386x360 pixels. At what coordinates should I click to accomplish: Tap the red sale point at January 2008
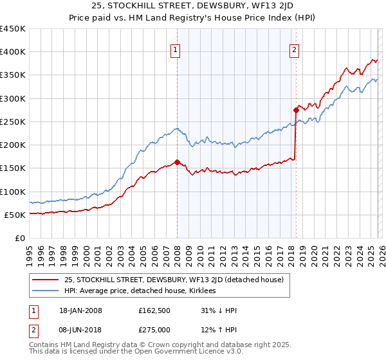pos(177,163)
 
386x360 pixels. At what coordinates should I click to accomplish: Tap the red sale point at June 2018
pos(296,110)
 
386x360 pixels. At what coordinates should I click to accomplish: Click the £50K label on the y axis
pos(15,215)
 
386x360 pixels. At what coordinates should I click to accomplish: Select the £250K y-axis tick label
pos(13,122)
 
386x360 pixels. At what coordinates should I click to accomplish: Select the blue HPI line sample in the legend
pos(45,291)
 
